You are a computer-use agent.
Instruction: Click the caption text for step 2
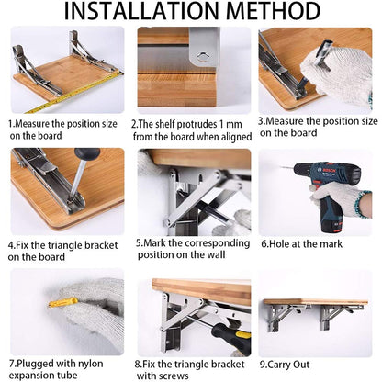(x=189, y=129)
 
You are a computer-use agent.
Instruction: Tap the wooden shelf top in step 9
(x=315, y=301)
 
